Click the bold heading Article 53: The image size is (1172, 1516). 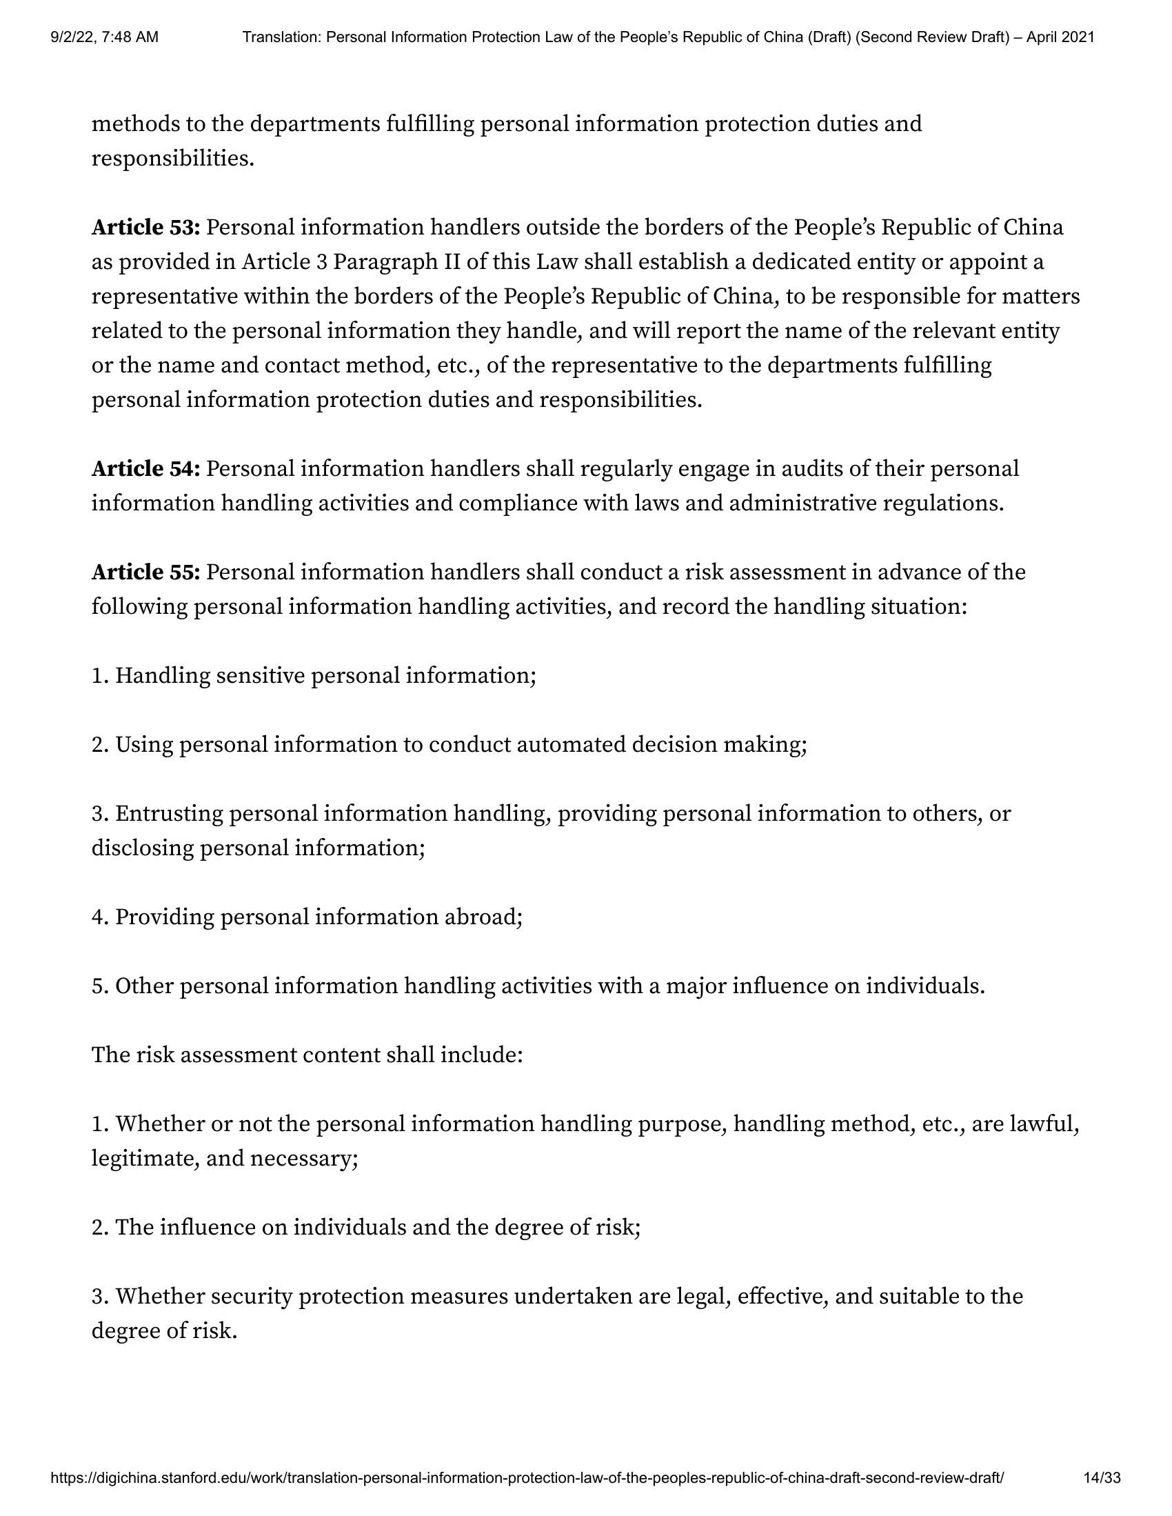click(145, 227)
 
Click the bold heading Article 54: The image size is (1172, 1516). click(145, 468)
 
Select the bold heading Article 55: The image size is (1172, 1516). click(145, 572)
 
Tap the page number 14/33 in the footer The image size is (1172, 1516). click(1102, 1478)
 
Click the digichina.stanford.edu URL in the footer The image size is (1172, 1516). click(527, 1478)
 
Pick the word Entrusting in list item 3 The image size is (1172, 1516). click(169, 814)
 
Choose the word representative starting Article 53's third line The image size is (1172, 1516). click(164, 297)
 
